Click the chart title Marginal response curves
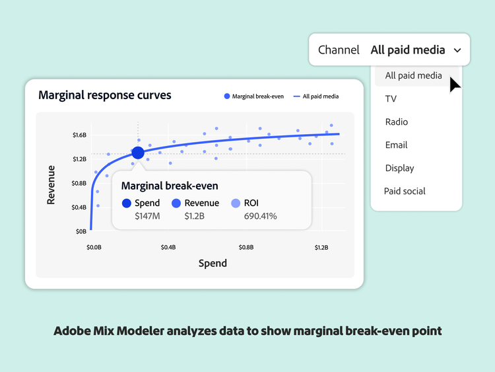(x=104, y=95)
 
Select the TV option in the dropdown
(x=391, y=99)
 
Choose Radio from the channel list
(x=397, y=122)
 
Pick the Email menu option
(x=396, y=145)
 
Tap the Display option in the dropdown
(x=399, y=168)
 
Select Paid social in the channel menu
(x=405, y=192)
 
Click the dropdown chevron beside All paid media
(x=457, y=50)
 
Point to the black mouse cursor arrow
(x=455, y=85)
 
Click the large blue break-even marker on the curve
(x=137, y=153)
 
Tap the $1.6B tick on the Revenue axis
(x=79, y=135)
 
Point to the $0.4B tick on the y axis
(x=79, y=207)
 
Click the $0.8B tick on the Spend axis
(x=246, y=248)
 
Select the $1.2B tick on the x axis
(x=321, y=248)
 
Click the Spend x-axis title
(x=213, y=263)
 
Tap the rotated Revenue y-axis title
(x=51, y=184)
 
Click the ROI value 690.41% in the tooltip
(x=260, y=216)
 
